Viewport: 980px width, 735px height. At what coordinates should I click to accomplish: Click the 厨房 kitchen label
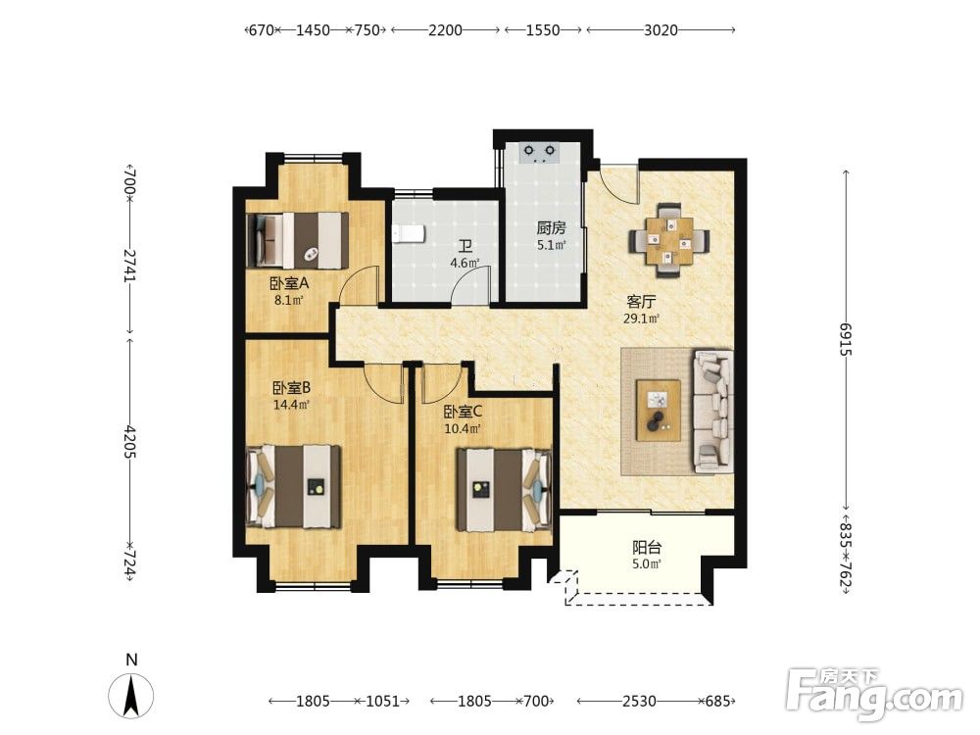551,227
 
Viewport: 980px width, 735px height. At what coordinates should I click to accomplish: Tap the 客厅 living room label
641,302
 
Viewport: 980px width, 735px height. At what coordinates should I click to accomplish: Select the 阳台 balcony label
647,548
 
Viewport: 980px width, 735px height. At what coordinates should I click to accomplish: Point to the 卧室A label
289,283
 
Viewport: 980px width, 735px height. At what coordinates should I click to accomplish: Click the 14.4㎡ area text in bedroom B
291,405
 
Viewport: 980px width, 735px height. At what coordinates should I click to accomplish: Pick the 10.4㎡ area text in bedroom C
463,429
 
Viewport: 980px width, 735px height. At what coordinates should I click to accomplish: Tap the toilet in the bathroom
409,233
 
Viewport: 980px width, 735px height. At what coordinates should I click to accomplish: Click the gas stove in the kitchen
540,153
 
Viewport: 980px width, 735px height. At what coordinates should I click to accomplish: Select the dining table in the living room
669,240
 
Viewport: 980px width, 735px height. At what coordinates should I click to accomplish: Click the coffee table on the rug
659,410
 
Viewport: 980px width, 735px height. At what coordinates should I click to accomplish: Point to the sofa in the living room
713,411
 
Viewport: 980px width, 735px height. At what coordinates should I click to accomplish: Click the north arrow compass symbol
130,695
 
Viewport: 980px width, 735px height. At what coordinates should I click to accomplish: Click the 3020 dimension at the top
661,29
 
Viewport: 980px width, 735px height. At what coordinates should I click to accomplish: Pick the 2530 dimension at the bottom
639,702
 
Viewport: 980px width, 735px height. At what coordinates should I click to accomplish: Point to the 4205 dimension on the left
130,442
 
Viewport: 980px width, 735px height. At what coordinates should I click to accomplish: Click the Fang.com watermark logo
874,694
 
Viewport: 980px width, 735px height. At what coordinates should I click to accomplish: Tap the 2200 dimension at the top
445,29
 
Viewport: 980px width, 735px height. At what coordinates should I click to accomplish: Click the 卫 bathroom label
465,248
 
